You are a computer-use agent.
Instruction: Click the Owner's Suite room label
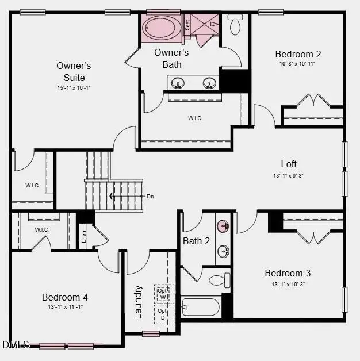tap(74, 71)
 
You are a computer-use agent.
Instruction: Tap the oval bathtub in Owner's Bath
tap(162, 26)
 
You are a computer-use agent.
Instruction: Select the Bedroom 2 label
tap(298, 54)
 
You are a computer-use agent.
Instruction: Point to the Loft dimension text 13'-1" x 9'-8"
tap(289, 175)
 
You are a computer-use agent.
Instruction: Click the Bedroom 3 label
tap(288, 273)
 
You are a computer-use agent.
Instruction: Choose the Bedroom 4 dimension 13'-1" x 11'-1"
tap(65, 307)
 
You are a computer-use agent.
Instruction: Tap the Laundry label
tap(138, 301)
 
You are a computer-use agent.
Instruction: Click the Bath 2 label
tap(196, 241)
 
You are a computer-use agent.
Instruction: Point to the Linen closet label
tap(84, 237)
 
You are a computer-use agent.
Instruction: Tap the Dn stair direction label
tap(150, 197)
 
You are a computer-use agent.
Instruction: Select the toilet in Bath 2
tap(220, 281)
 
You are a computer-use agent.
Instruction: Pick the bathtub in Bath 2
tap(200, 306)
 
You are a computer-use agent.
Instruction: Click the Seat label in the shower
tap(187, 25)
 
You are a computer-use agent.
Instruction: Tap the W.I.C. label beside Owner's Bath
tap(195, 118)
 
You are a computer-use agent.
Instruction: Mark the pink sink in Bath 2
tap(223, 225)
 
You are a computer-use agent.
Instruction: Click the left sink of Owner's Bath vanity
tap(178, 83)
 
